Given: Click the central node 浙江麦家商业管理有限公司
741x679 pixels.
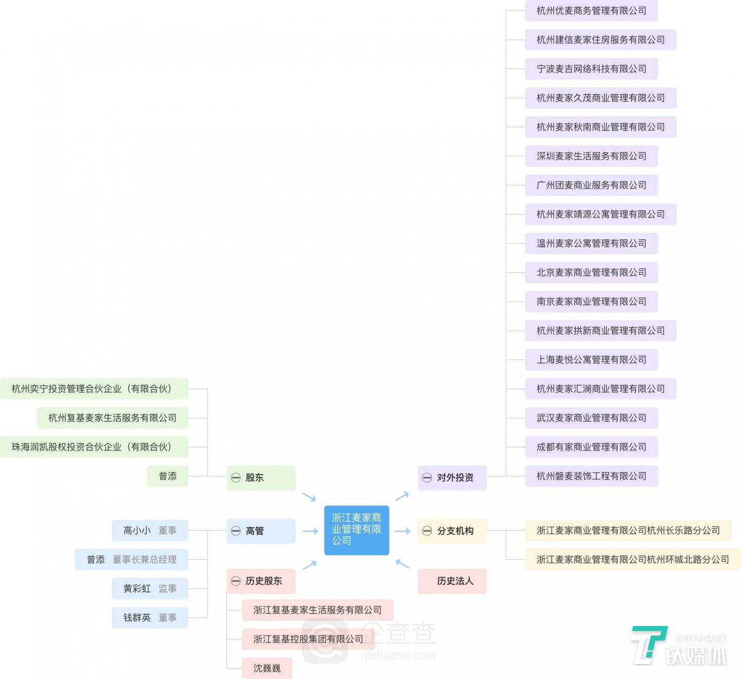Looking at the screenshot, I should pyautogui.click(x=356, y=530).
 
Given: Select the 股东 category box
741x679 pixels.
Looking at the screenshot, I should pyautogui.click(x=261, y=478).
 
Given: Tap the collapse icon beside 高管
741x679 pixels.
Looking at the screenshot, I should pyautogui.click(x=236, y=531).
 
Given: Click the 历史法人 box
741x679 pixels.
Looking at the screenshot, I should pyautogui.click(x=452, y=581).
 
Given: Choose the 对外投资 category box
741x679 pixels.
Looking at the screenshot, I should pyautogui.click(x=452, y=478).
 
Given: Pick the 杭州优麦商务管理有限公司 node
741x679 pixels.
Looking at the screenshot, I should pyautogui.click(x=591, y=11).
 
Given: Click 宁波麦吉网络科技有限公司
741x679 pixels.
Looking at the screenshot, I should pyautogui.click(x=591, y=69).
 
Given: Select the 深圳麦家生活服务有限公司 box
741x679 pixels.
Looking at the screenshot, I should pyautogui.click(x=591, y=156).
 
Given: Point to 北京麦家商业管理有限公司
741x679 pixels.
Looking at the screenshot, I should pyautogui.click(x=591, y=272).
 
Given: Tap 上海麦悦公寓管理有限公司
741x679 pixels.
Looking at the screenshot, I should pyautogui.click(x=591, y=360).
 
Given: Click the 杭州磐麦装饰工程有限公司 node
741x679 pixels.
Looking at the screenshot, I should pyautogui.click(x=591, y=476).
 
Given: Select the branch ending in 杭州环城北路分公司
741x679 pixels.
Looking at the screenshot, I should pyautogui.click(x=632, y=560).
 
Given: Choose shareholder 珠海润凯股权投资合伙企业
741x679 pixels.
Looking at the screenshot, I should pyautogui.click(x=94, y=447).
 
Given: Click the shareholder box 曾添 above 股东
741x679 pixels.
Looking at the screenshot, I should pyautogui.click(x=167, y=476).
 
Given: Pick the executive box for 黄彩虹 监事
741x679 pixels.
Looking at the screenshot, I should pyautogui.click(x=150, y=588).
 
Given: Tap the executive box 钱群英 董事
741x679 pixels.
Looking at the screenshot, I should pyautogui.click(x=150, y=618).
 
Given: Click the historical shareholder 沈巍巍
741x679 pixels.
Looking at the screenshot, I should pyautogui.click(x=267, y=668).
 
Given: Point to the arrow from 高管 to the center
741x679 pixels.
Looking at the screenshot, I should pyautogui.click(x=310, y=531).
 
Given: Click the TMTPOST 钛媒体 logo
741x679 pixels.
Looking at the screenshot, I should pyautogui.click(x=679, y=646).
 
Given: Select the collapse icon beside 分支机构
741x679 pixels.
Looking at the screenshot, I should pyautogui.click(x=427, y=531).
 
